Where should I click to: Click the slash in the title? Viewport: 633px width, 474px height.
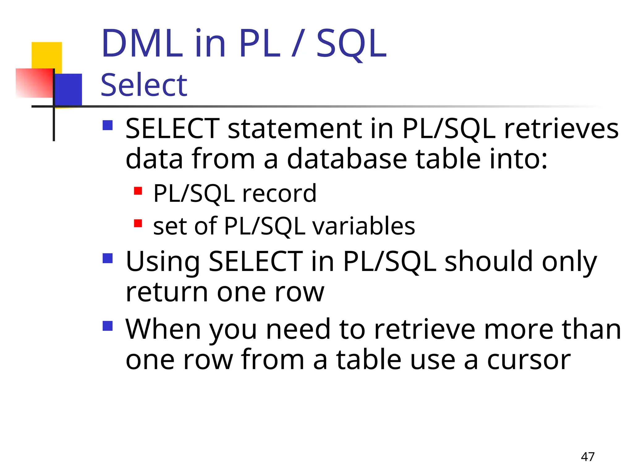coord(298,44)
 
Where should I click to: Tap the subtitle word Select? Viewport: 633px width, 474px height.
coord(144,85)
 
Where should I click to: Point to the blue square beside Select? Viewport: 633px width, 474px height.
coord(69,89)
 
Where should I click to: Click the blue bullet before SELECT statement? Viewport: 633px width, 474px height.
coord(108,125)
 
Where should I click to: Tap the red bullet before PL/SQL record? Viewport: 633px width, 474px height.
coord(138,191)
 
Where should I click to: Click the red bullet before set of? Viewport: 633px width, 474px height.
coord(138,223)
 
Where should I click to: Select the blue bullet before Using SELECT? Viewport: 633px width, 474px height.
coord(108,258)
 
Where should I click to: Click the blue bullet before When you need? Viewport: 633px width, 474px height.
coord(108,326)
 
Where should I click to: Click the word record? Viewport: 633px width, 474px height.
coord(279,193)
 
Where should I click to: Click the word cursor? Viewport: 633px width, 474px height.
coord(529,360)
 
